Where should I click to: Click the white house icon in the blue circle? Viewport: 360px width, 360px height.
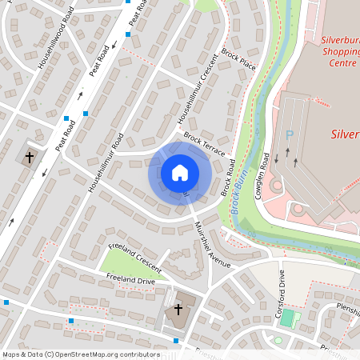click(180, 172)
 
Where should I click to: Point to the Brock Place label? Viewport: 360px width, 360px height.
click(238, 59)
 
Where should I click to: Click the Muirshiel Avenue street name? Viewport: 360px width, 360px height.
click(212, 245)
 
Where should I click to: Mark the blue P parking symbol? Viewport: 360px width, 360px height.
click(290, 136)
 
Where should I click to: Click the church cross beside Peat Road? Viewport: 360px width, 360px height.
click(30, 157)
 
